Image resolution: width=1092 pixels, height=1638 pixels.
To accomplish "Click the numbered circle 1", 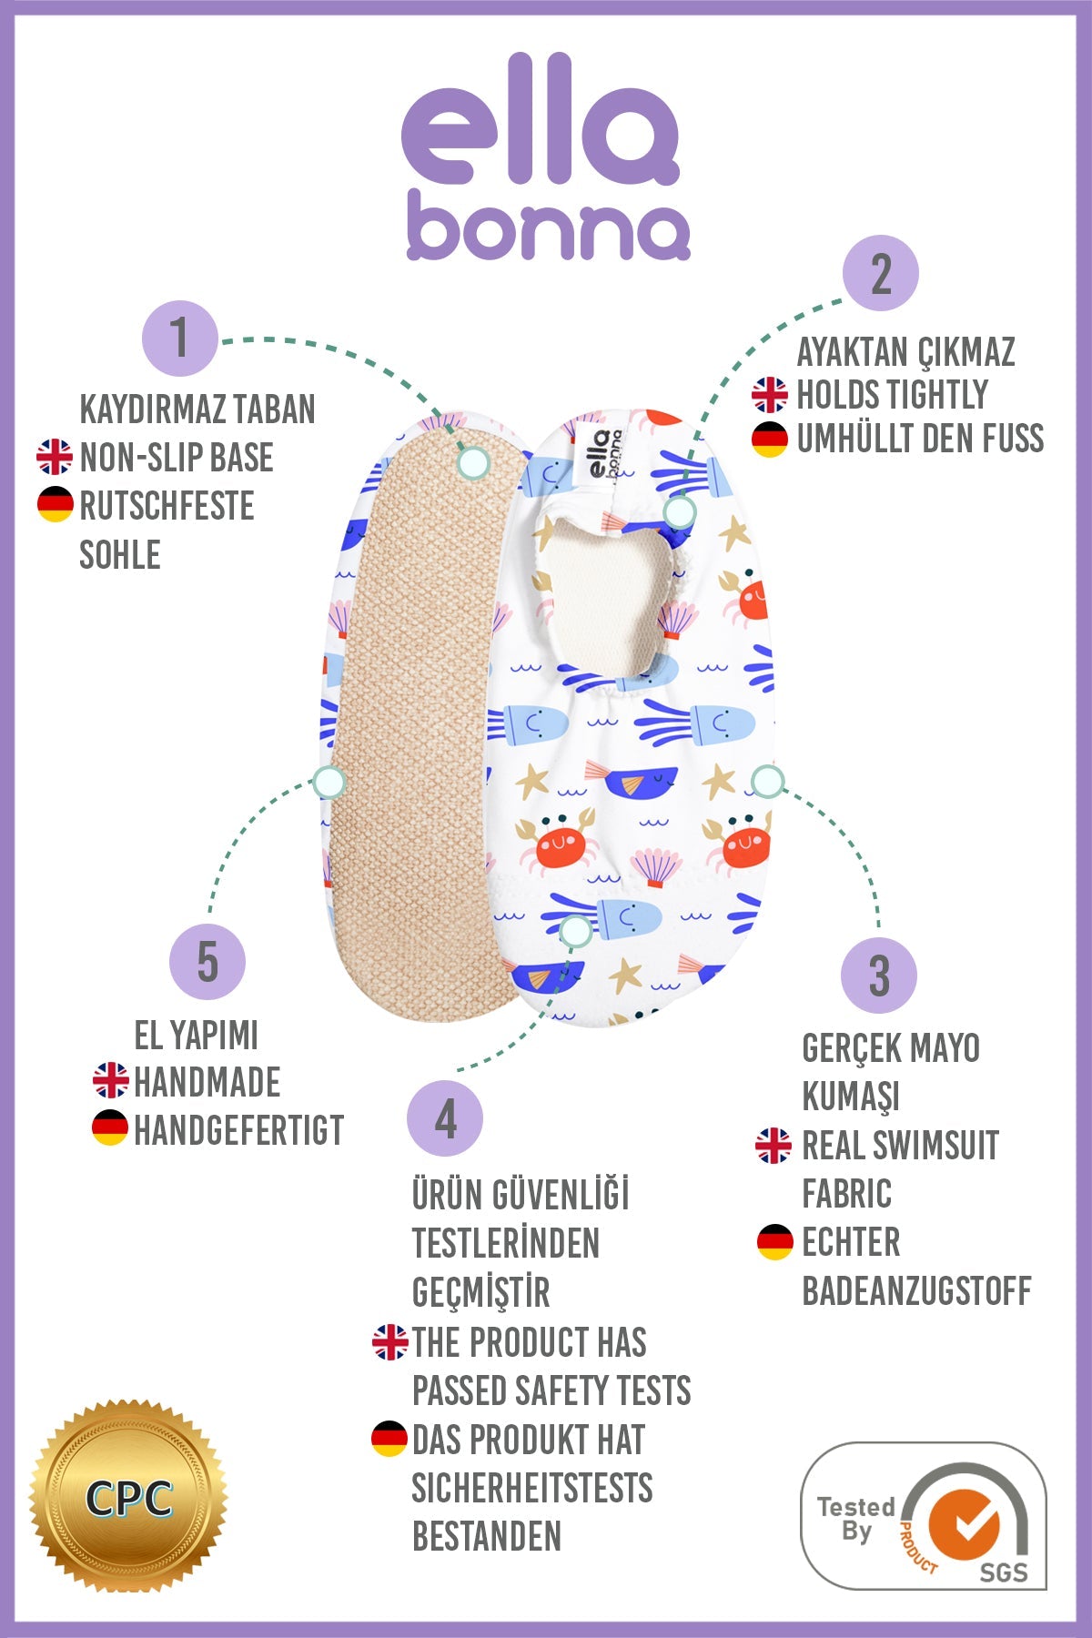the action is tap(180, 339).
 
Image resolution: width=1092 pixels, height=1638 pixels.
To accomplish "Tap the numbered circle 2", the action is tap(880, 273).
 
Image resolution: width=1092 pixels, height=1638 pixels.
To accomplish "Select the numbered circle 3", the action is tap(878, 976).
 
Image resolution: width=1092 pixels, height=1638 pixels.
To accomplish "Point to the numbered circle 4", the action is tap(445, 1118).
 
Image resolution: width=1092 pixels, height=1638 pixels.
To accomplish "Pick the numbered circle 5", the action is tap(207, 962).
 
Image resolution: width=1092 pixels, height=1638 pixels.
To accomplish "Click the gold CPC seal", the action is tap(128, 1496).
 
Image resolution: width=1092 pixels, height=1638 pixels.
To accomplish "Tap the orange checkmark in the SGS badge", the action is tap(965, 1525).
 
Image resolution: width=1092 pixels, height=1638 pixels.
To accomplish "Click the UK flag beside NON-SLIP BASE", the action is tap(55, 457).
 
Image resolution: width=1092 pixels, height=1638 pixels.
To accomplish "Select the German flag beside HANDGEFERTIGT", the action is tap(110, 1128).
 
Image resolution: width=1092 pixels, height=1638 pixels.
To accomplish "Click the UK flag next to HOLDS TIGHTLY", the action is tap(770, 395).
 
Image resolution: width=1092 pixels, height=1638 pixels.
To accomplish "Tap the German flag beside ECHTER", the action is tap(775, 1242).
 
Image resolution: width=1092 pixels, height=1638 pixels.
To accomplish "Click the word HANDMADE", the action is tap(207, 1082).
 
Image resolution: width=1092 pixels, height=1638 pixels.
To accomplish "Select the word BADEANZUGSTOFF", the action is tap(916, 1290).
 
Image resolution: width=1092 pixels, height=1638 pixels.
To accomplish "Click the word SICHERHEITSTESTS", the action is tap(532, 1488).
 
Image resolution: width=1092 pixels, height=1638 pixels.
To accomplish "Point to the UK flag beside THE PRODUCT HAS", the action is tap(389, 1342).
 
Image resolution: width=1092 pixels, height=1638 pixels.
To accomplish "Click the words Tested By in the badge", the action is tap(856, 1519).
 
